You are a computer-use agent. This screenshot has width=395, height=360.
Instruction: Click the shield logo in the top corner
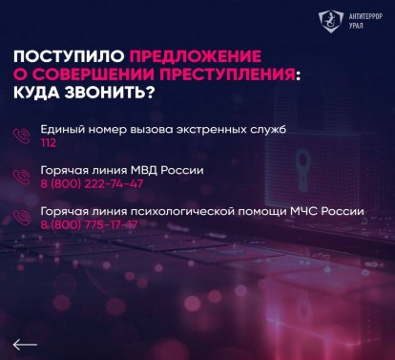[x=331, y=21]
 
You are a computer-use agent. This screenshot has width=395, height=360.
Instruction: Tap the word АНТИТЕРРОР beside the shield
[x=365, y=16]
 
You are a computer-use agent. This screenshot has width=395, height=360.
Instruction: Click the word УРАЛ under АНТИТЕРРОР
[x=356, y=26]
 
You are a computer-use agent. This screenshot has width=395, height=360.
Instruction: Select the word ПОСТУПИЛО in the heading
[x=69, y=56]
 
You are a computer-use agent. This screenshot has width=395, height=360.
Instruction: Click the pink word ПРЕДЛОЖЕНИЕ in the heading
[x=196, y=56]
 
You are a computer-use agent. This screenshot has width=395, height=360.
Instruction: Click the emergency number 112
[x=49, y=143]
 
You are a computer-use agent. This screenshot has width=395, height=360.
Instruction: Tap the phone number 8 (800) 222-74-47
[x=92, y=183]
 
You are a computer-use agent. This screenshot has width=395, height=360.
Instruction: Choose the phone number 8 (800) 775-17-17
[x=89, y=224]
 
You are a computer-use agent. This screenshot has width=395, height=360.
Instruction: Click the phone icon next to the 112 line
[x=22, y=136]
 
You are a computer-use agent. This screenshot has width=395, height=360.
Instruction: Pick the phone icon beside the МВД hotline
[x=22, y=177]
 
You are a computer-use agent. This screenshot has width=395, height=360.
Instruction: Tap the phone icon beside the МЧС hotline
[x=22, y=218]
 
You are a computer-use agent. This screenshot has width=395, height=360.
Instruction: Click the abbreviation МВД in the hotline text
[x=139, y=170]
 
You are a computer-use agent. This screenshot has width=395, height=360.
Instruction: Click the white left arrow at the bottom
[x=25, y=345]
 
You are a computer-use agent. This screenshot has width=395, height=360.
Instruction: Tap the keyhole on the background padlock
[x=302, y=170]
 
